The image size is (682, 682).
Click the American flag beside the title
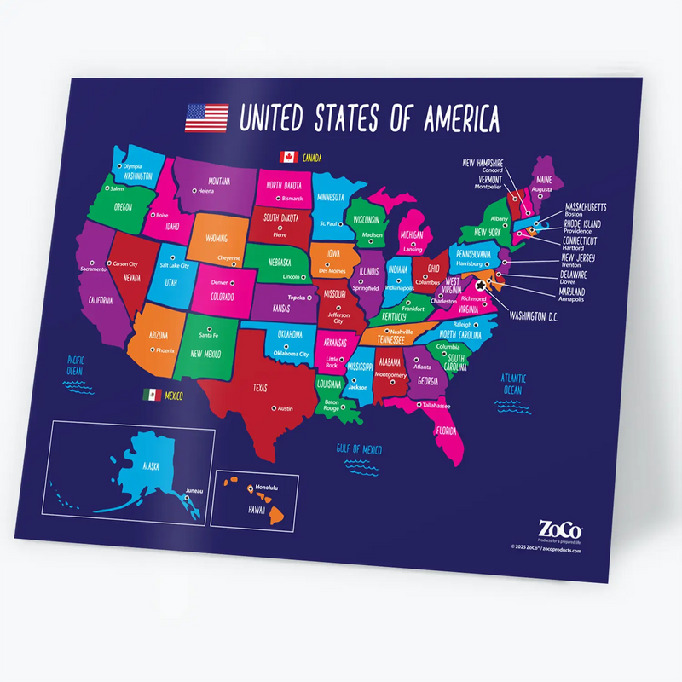(206, 117)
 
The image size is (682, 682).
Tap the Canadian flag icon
(287, 156)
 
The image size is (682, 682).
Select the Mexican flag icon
(152, 395)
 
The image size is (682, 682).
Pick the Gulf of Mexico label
(357, 448)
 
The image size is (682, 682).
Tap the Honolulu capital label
(267, 487)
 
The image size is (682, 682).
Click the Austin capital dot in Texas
(274, 408)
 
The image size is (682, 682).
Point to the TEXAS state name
(259, 387)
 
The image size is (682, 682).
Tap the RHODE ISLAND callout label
(582, 223)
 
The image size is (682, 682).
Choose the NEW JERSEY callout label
(578, 257)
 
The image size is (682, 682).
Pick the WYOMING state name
(217, 239)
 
